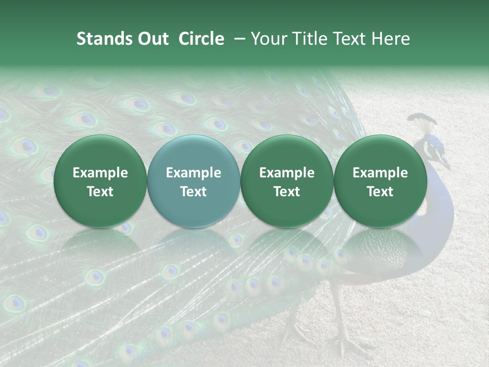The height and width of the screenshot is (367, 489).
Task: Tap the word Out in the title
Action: click(152, 39)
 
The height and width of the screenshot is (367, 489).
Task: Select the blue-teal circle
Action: click(194, 181)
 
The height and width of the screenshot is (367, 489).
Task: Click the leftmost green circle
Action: click(100, 181)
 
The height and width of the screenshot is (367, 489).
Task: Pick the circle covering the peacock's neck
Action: click(381, 181)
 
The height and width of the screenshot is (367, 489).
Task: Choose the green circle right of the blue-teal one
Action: click(287, 181)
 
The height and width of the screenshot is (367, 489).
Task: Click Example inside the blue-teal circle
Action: click(194, 173)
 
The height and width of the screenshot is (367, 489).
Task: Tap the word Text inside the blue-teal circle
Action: click(194, 192)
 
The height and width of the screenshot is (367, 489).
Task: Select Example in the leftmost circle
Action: click(100, 173)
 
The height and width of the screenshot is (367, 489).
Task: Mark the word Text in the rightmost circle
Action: click(381, 192)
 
